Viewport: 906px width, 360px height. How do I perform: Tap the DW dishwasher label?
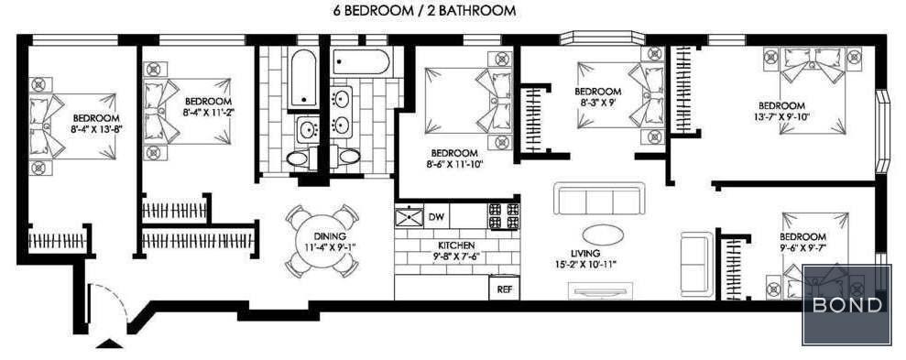pyautogui.click(x=436, y=217)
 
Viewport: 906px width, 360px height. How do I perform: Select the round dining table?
pyautogui.click(x=322, y=241)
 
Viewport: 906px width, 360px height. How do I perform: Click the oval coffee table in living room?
pyautogui.click(x=603, y=235)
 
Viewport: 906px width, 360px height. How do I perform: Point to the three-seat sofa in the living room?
pyautogui.click(x=599, y=199)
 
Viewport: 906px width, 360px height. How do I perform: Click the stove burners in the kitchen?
pyautogui.click(x=504, y=216)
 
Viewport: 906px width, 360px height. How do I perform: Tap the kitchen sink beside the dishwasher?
pyautogui.click(x=409, y=217)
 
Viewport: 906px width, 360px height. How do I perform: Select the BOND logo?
pyautogui.click(x=846, y=304)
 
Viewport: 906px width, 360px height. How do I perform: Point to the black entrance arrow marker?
pyautogui.click(x=109, y=344)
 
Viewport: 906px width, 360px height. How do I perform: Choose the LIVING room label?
pyautogui.click(x=584, y=254)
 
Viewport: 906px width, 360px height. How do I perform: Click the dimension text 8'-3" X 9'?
pyautogui.click(x=597, y=103)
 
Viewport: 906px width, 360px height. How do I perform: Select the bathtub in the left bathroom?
pyautogui.click(x=303, y=79)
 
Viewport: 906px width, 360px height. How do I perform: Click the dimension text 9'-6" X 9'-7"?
pyautogui.click(x=802, y=248)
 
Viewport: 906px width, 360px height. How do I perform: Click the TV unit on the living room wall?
pyautogui.click(x=600, y=290)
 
